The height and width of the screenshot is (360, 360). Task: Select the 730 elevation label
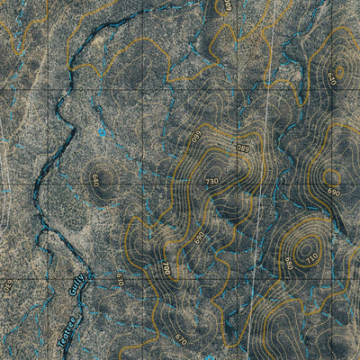point(211,182)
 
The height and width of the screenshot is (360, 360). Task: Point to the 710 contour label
point(312,259)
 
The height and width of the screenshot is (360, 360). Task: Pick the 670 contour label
point(180,339)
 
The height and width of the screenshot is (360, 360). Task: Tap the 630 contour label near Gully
point(118,281)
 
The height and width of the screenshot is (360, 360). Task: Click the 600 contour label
point(228,5)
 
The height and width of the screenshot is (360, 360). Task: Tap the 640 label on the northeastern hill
point(333,76)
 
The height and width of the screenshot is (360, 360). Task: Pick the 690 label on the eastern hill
point(333,193)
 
